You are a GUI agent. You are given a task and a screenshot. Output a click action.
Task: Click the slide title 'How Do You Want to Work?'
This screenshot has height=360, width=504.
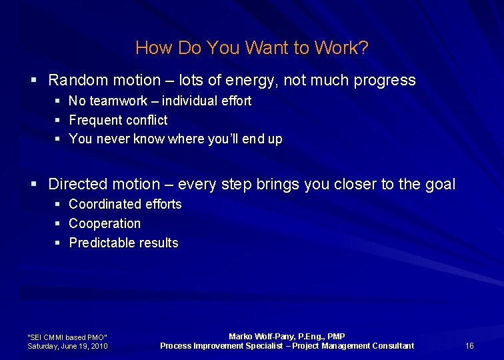pyautogui.click(x=252, y=48)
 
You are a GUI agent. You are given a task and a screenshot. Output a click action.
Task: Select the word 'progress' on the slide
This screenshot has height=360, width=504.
pyautogui.click(x=385, y=81)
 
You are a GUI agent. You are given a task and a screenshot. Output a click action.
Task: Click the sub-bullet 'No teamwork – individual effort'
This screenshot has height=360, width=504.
pyautogui.click(x=160, y=101)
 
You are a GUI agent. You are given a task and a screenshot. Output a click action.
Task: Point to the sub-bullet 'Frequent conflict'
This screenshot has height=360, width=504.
pyautogui.click(x=118, y=120)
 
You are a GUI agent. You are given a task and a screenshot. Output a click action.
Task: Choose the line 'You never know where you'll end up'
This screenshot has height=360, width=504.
pyautogui.click(x=175, y=139)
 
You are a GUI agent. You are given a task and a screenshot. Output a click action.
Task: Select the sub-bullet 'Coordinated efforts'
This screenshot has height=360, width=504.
pyautogui.click(x=125, y=204)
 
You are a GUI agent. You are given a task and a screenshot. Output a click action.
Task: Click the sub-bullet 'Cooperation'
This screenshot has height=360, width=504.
pyautogui.click(x=105, y=223)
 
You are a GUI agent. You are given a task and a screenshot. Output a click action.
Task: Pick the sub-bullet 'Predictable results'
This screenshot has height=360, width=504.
pyautogui.click(x=123, y=243)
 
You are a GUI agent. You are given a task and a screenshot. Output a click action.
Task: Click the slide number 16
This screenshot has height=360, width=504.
pyautogui.click(x=469, y=345)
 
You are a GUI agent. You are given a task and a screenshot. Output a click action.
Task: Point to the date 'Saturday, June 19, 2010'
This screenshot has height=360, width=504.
pyautogui.click(x=67, y=346)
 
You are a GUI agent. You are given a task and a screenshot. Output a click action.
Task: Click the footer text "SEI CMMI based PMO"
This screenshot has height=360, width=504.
pyautogui.click(x=67, y=337)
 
